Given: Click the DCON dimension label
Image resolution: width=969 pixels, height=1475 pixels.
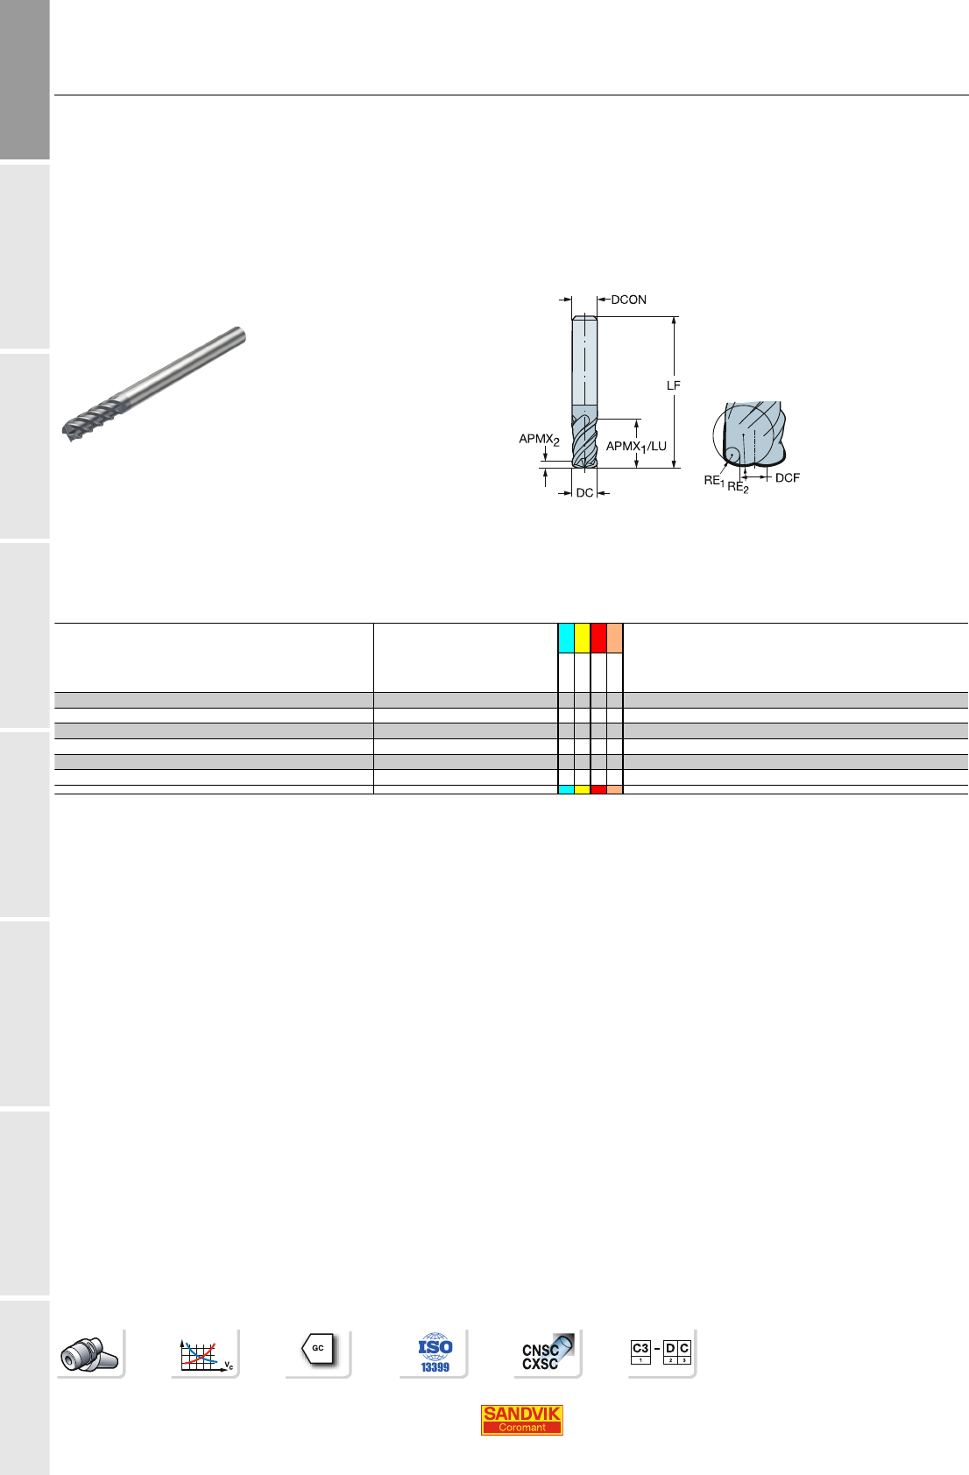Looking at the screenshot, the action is [628, 300].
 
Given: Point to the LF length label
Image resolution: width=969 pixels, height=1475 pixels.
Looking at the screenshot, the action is [673, 385].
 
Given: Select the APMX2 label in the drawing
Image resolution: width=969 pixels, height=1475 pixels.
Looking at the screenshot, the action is [539, 439].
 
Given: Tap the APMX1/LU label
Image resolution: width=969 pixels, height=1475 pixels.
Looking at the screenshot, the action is [636, 447].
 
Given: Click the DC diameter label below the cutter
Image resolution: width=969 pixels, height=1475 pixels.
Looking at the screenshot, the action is [584, 492].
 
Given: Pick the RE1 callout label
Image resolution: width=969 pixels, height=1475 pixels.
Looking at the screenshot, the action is [714, 481].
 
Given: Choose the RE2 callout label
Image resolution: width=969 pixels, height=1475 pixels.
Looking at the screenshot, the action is [738, 487].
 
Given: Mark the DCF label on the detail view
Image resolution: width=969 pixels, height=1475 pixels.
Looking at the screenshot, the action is [787, 477].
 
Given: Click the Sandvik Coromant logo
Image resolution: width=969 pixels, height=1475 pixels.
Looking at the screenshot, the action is [521, 1420].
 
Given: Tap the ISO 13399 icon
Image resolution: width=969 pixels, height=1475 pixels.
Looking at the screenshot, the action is [435, 1353].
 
